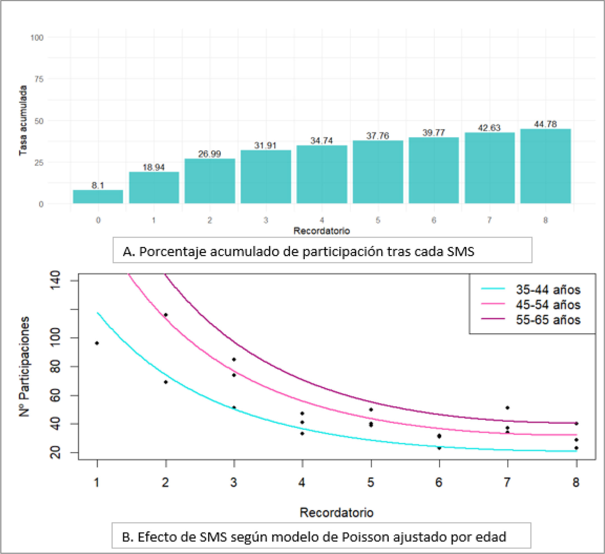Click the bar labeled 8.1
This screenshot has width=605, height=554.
[98, 197]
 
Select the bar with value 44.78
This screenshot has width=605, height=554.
[545, 166]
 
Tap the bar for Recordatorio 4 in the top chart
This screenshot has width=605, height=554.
[322, 174]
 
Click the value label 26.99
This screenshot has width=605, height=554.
[209, 154]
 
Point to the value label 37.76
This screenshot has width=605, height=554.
[378, 136]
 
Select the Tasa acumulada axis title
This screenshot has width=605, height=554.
[23, 121]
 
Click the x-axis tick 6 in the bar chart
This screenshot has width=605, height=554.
[434, 220]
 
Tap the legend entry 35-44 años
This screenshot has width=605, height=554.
[548, 290]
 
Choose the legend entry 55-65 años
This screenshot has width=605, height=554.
[548, 320]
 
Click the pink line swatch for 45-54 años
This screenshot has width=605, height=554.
[493, 304]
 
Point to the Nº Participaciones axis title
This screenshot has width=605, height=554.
[24, 366]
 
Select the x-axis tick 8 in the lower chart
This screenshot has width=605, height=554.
[576, 483]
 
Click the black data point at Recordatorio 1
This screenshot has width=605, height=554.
[97, 343]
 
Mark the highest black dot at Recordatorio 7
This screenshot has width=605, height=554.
[507, 408]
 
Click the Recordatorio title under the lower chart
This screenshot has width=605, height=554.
[336, 512]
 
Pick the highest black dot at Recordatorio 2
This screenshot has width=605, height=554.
[166, 315]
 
